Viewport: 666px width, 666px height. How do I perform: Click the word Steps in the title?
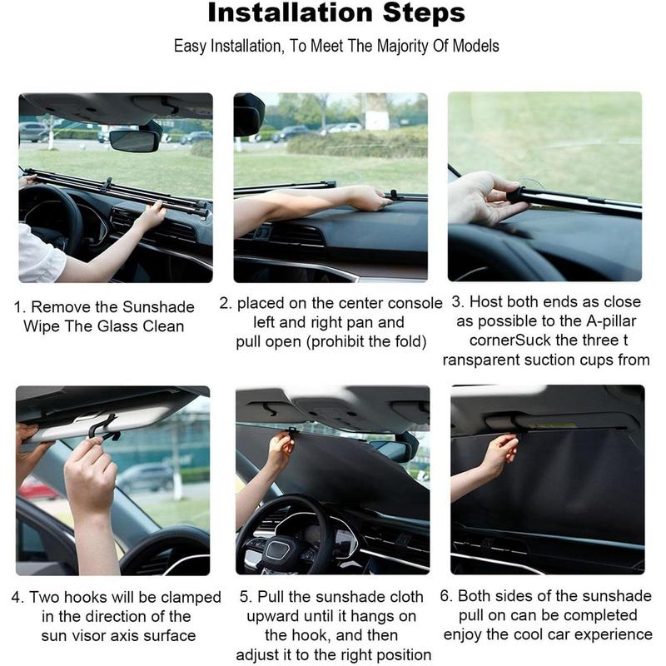click(x=420, y=13)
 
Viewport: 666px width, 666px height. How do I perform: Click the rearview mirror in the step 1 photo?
click(x=134, y=140)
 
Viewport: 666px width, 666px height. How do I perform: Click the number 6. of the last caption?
click(x=447, y=597)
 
